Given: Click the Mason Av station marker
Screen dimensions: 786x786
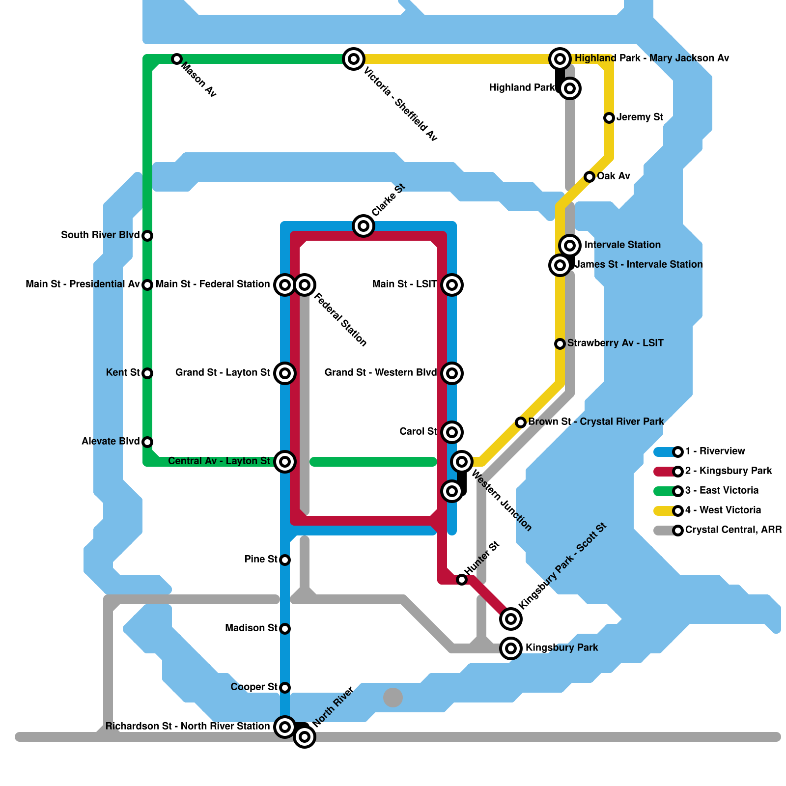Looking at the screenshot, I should pyautogui.click(x=177, y=59).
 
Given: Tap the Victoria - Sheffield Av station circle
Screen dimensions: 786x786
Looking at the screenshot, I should pyautogui.click(x=354, y=59).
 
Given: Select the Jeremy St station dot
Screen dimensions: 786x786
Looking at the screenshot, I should pyautogui.click(x=609, y=118).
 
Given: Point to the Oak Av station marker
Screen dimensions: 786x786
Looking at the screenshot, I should pyautogui.click(x=589, y=177).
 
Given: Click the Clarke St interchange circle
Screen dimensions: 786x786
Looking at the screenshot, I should pyautogui.click(x=364, y=226).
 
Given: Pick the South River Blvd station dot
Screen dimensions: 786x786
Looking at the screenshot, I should pyautogui.click(x=147, y=236).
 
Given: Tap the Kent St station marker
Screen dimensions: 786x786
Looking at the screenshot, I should pyautogui.click(x=147, y=373).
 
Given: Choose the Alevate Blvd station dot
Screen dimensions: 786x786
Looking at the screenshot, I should pyautogui.click(x=147, y=442).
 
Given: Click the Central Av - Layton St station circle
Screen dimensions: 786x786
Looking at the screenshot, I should pyautogui.click(x=285, y=462).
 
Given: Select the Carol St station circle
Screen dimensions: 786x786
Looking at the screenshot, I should pyautogui.click(x=452, y=432).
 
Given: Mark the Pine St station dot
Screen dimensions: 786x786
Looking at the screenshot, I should pyautogui.click(x=285, y=560).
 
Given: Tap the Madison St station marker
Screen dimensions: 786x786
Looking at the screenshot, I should pyautogui.click(x=285, y=629).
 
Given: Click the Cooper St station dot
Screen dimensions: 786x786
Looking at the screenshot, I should pyautogui.click(x=285, y=688).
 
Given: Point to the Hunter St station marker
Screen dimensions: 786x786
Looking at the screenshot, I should pyautogui.click(x=462, y=580).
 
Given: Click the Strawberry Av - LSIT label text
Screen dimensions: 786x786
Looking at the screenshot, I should pyautogui.click(x=615, y=343).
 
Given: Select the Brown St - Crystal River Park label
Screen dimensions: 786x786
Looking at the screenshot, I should pyautogui.click(x=596, y=422).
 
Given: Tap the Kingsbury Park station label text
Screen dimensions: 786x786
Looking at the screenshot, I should pyautogui.click(x=561, y=648).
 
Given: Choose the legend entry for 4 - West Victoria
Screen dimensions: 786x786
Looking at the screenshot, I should pyautogui.click(x=723, y=510).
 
